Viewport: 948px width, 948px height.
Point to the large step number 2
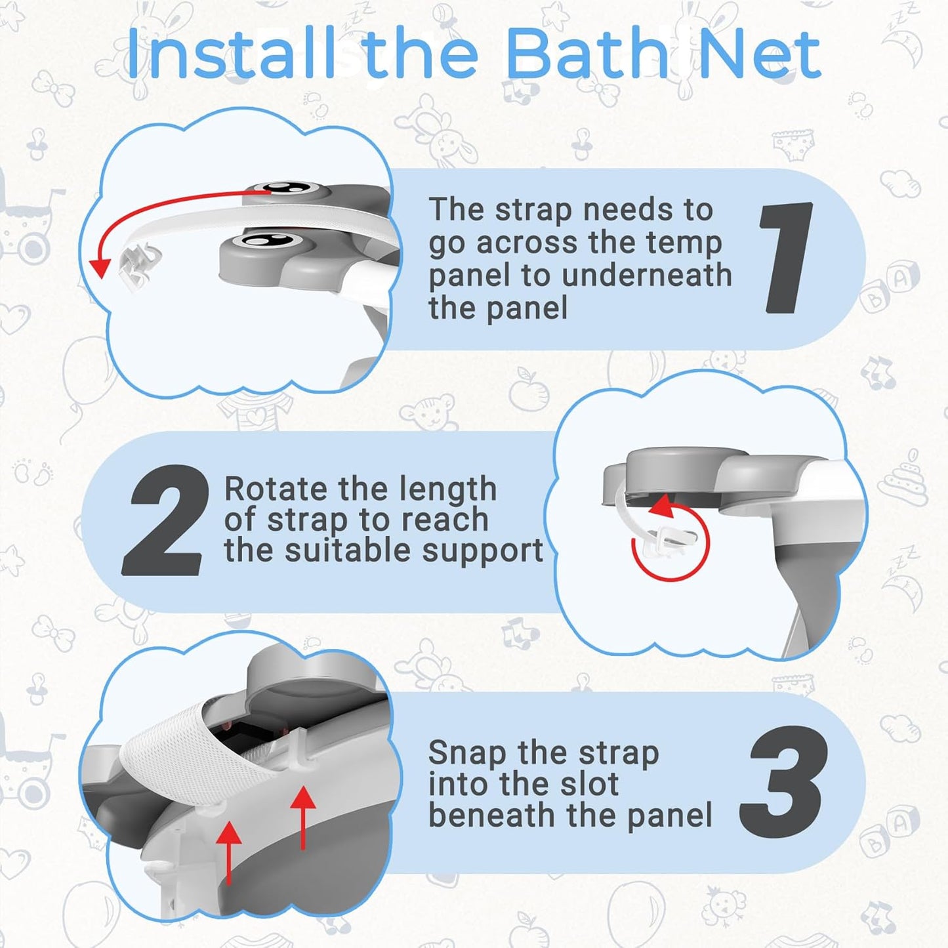[x=165, y=521]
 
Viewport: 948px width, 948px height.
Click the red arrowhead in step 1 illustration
[x=100, y=267]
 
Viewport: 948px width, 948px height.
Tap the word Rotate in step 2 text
[x=276, y=489]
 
